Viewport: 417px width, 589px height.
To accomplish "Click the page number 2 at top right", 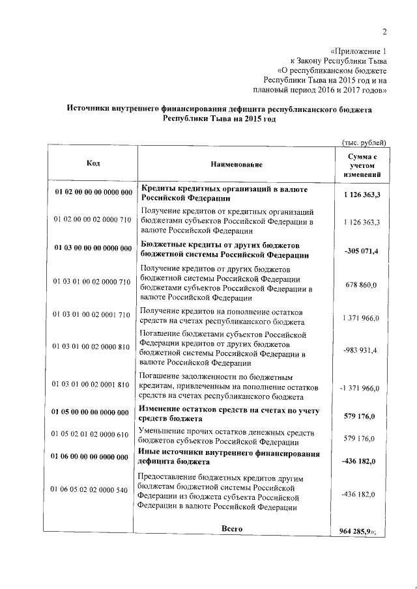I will click(384, 32).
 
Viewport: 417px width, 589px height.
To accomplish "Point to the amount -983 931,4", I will click(360, 349).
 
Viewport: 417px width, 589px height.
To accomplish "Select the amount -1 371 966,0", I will click(359, 387).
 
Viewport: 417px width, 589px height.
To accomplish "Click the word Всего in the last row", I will click(232, 528).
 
